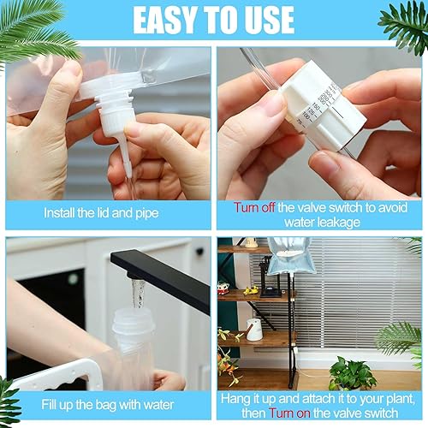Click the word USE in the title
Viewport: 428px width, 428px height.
(x=265, y=19)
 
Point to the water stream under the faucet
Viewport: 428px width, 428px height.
(x=134, y=295)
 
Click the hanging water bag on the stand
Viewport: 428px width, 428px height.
(x=291, y=256)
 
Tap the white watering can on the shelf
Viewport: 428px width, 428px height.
(x=254, y=329)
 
